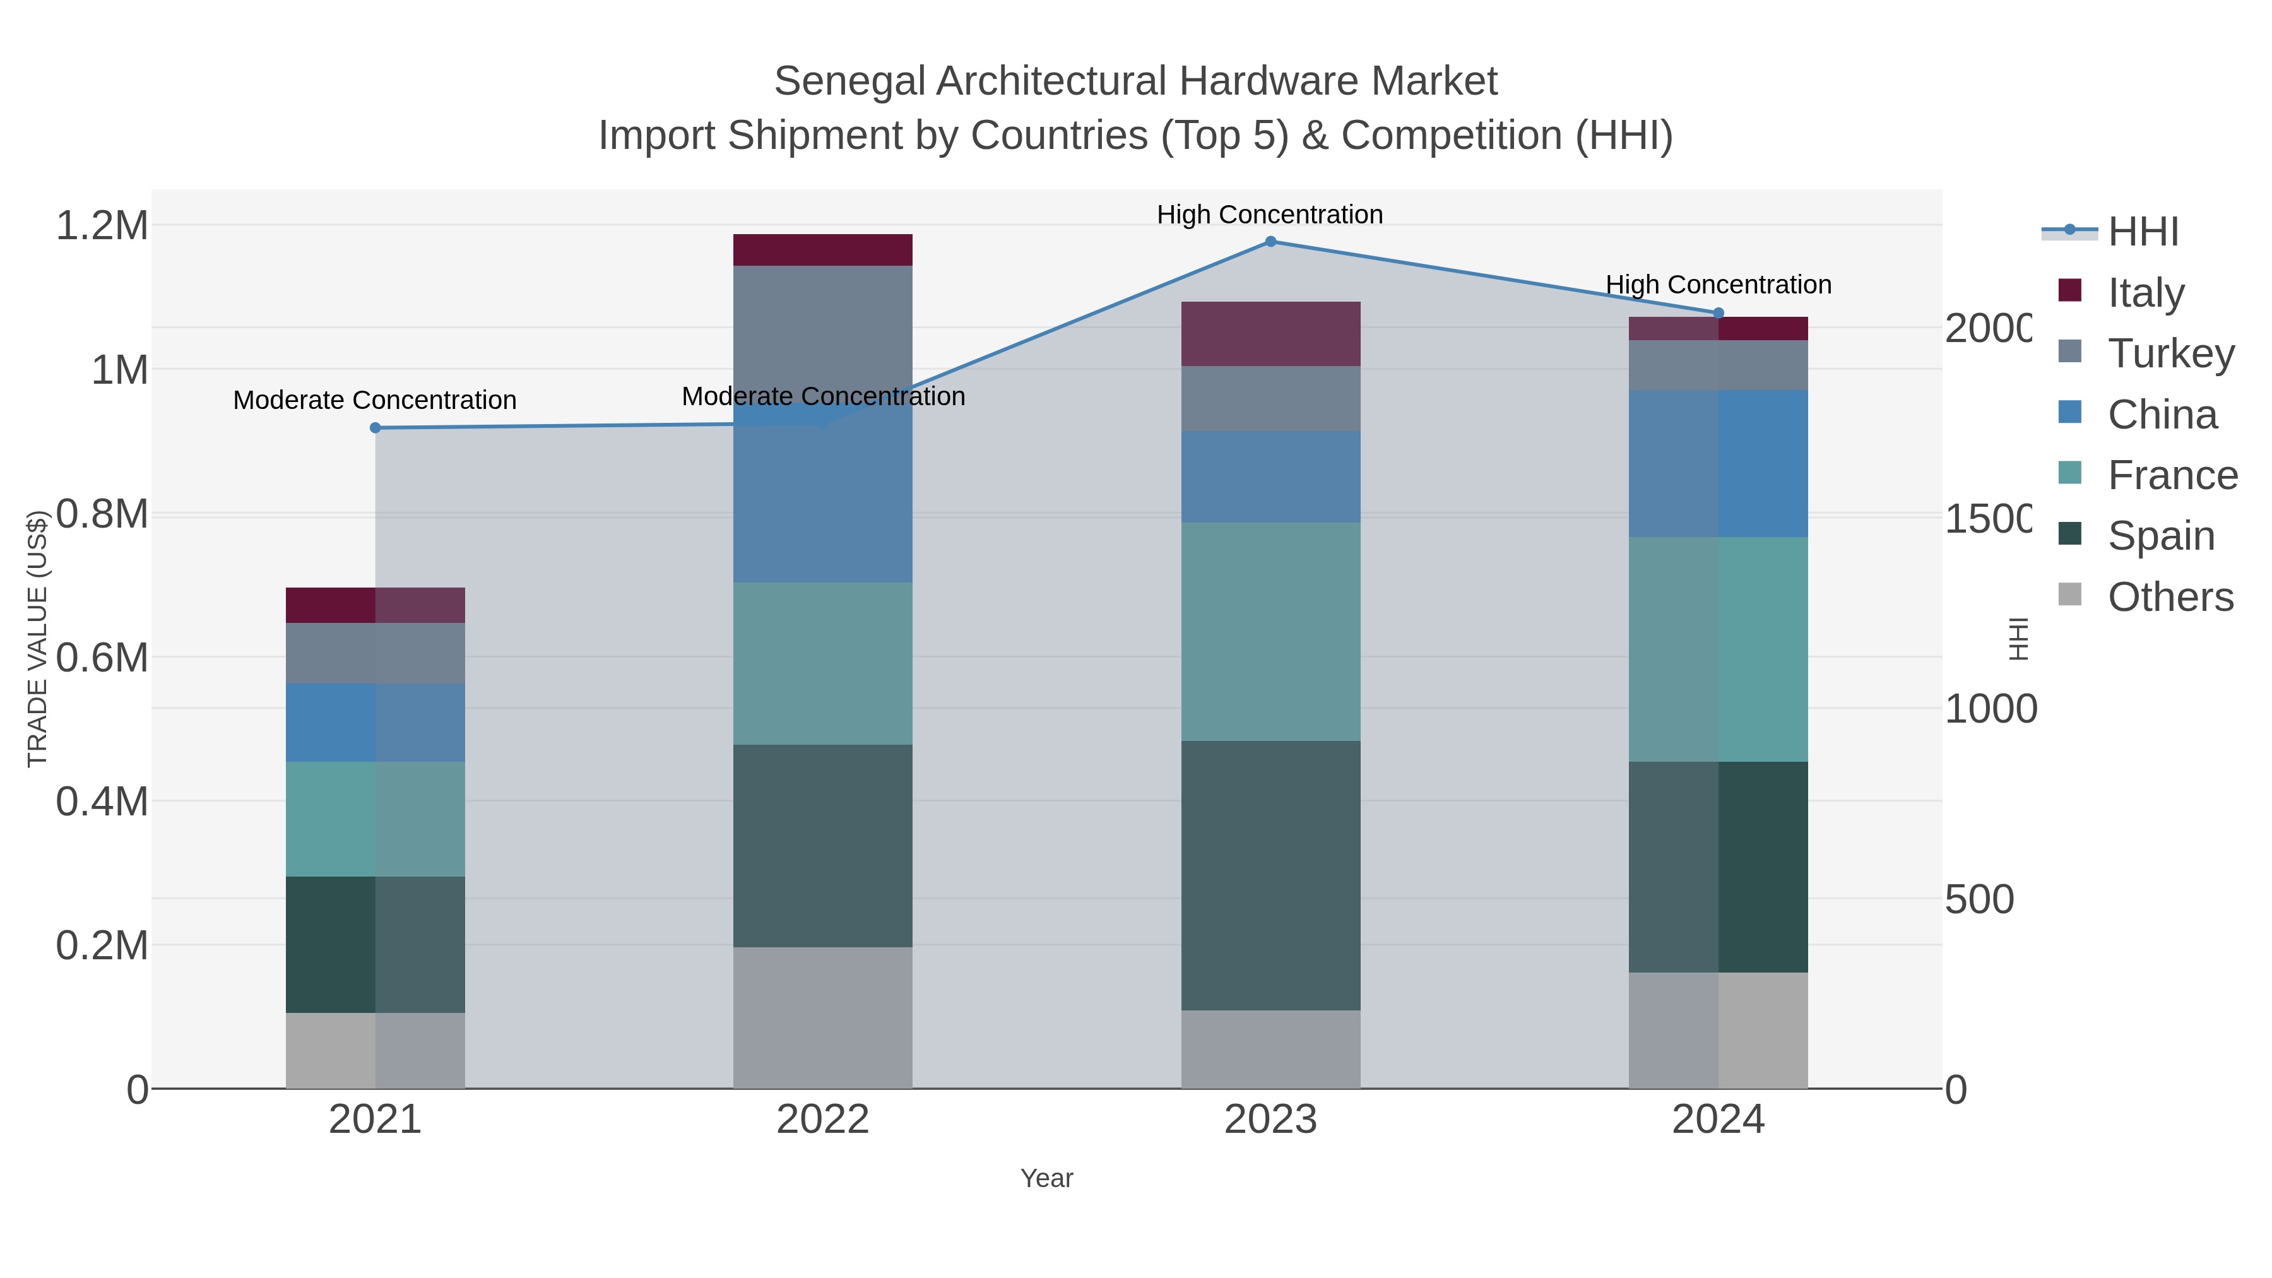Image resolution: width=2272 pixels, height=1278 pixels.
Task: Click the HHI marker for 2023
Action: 1270,242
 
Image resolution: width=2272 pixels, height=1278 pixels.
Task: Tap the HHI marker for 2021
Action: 375,428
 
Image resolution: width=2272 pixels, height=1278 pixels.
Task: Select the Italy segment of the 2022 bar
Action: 822,249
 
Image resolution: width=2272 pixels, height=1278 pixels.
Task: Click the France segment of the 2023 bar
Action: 1270,632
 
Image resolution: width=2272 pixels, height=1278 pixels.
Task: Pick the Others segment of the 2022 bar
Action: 822,1018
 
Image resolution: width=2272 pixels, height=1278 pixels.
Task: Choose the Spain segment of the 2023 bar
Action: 1270,875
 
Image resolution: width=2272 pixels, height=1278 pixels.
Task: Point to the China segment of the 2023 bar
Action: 1270,476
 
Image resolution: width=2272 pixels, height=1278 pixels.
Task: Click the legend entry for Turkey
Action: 2170,353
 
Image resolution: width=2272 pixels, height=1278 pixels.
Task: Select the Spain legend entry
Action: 2160,535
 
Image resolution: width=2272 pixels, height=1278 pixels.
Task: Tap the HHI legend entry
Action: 2143,231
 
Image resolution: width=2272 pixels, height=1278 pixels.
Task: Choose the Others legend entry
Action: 2170,597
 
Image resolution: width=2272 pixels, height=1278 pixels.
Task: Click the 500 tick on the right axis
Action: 1979,899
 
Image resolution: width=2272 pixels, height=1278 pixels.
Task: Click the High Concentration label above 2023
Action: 1269,215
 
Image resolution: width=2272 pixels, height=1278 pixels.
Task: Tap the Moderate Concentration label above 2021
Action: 375,400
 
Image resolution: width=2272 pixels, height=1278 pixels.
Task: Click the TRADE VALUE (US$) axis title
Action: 37,639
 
